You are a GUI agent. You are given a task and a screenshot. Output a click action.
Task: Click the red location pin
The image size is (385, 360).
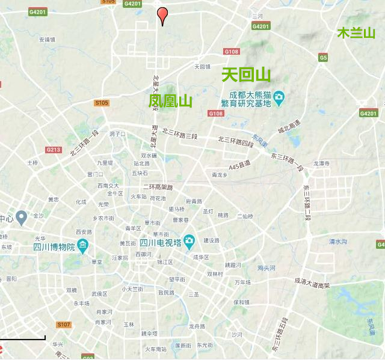point(162,14)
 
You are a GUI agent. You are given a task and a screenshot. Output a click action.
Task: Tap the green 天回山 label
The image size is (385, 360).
point(246,75)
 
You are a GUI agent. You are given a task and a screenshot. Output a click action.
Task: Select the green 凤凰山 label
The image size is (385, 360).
point(171,101)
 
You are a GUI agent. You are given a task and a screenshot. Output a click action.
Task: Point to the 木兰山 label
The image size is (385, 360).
point(356,32)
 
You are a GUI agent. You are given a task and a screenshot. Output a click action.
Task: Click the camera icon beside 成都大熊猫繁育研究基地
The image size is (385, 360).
point(279,97)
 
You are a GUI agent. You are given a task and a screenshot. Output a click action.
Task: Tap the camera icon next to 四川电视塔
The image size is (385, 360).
point(189,242)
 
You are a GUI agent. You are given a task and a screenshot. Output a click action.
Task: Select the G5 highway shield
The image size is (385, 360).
point(324,57)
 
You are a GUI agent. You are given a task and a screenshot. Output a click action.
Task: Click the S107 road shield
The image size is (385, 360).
point(64,325)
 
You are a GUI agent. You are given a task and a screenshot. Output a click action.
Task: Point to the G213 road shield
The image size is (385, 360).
point(53,150)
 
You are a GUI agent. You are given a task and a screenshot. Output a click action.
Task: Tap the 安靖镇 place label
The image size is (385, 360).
point(48,40)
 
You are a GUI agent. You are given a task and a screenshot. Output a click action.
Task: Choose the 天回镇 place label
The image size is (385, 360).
point(202,66)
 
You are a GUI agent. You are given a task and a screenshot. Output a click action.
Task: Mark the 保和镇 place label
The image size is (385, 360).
point(241,302)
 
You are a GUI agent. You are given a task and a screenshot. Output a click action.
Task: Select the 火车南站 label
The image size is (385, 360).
point(155,349)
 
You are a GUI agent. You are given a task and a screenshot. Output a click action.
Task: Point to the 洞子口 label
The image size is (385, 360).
point(117,134)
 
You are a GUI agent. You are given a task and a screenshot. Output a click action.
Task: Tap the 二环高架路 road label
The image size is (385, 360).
point(158,187)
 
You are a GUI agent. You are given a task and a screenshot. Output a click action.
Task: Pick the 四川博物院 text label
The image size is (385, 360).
point(54,246)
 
